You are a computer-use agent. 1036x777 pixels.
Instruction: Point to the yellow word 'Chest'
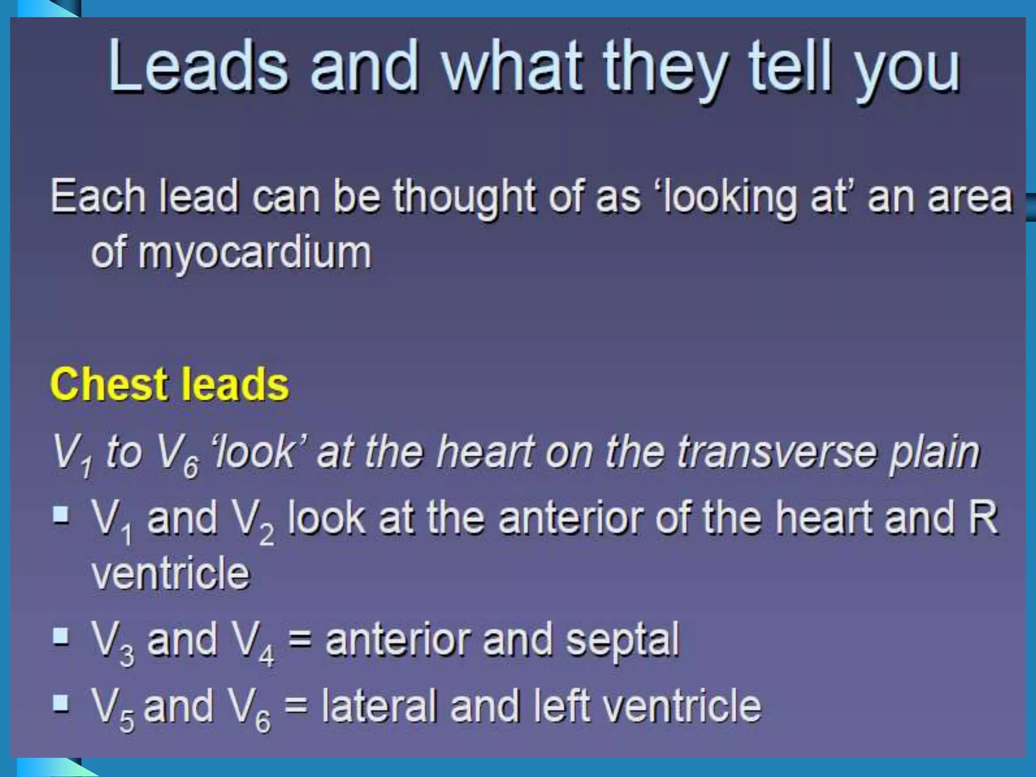[x=109, y=384]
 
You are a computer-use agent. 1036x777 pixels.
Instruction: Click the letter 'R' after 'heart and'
[x=983, y=518]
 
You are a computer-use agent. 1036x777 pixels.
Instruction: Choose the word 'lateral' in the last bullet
[x=379, y=706]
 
